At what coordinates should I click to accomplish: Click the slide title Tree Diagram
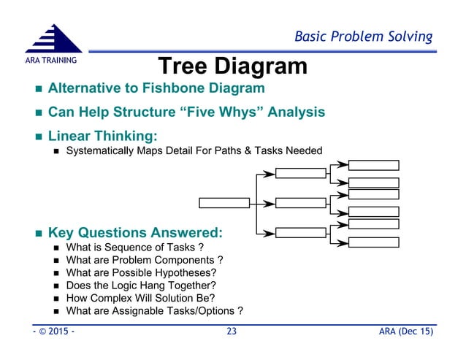[233, 66]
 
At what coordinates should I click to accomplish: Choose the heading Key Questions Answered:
[135, 234]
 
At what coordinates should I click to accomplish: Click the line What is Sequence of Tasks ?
[133, 248]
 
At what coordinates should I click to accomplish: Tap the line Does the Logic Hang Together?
[141, 285]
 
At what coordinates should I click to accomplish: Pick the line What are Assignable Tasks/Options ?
[154, 311]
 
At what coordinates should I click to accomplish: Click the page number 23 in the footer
[232, 332]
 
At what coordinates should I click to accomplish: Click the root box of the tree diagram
[225, 203]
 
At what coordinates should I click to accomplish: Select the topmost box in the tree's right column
[373, 165]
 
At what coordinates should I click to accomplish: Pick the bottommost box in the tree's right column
[373, 242]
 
